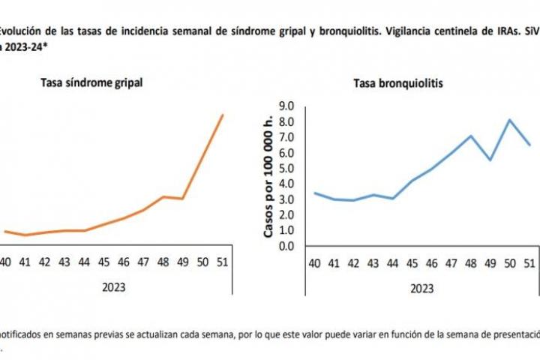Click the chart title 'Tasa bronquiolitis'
click(398, 84)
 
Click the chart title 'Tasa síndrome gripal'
click(91, 82)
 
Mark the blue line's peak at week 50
click(510, 120)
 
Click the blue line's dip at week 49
click(490, 160)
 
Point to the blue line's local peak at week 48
click(471, 136)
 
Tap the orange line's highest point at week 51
click(223, 115)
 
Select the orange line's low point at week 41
click(25, 235)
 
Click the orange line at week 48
click(163, 196)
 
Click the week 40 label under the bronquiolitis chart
click(315, 262)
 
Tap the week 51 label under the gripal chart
click(223, 262)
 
